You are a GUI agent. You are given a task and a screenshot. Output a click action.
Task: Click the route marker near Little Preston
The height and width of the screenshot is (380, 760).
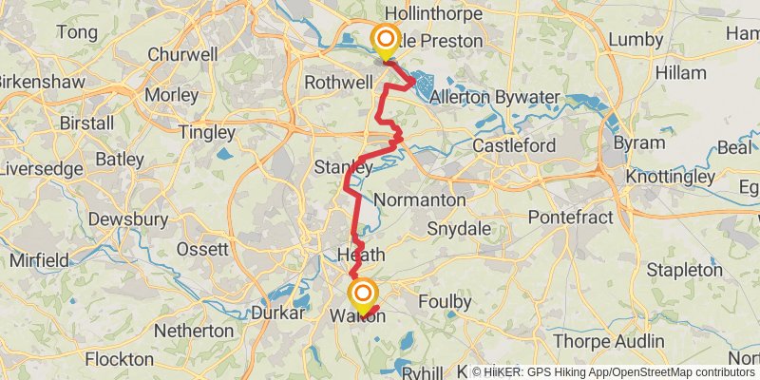386,40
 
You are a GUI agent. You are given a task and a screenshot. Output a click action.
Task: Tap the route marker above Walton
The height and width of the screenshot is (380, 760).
362,293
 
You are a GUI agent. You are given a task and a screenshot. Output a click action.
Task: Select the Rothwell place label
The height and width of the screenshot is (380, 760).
337,83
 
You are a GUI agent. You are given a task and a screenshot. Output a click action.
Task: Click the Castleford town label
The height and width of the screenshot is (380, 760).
513,146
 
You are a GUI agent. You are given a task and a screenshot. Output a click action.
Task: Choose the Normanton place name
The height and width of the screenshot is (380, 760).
420,200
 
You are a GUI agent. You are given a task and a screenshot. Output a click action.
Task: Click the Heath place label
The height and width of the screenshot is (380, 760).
361,255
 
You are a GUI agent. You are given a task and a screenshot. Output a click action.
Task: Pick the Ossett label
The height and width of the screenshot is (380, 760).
202,249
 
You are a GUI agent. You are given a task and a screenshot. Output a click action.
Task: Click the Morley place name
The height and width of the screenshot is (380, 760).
172,95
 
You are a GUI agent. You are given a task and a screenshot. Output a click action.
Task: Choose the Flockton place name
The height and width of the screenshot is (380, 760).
120,359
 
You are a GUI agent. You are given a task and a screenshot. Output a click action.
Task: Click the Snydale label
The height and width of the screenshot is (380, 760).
458,229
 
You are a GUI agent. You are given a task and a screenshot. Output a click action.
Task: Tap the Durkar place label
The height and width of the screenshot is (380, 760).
278,313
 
